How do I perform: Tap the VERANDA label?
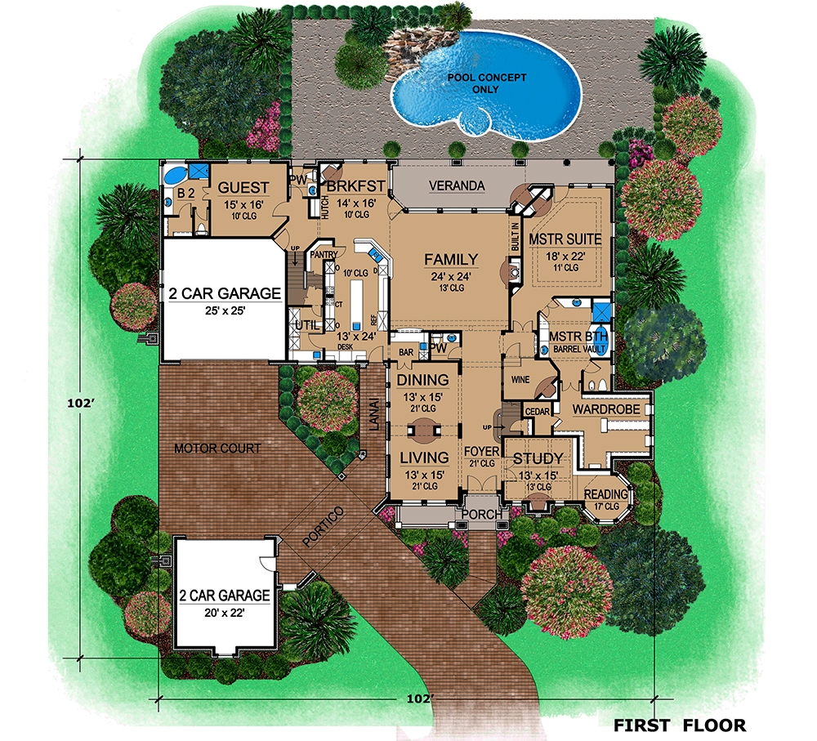tap(457, 186)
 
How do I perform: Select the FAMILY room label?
tap(450, 260)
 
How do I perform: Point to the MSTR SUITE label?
tap(565, 239)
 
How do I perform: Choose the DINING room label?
tap(422, 380)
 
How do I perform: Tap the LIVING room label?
tap(422, 458)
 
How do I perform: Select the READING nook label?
tap(606, 494)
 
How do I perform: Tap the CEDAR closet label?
tap(537, 411)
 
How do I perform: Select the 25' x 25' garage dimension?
tap(225, 310)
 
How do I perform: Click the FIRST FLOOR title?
tap(680, 725)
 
